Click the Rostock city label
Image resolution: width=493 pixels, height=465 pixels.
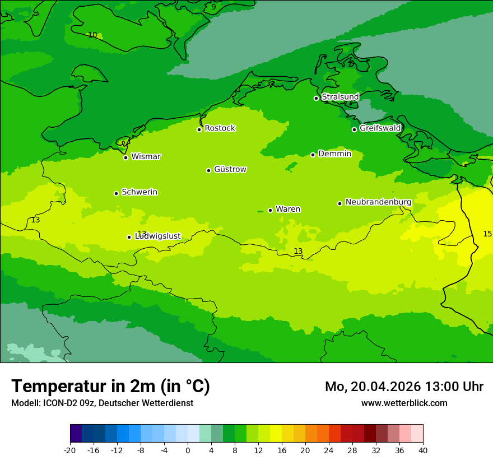point(220,128)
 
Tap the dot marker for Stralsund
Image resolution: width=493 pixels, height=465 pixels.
point(316,98)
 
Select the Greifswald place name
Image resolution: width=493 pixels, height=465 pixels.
point(380,128)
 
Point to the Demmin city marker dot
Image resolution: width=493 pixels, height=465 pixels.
point(313,155)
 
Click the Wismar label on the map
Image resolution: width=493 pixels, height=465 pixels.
point(146,156)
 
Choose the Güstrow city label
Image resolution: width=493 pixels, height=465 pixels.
point(230,169)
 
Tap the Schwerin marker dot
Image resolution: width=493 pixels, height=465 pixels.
point(116,193)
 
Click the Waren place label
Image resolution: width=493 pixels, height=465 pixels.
point(287,209)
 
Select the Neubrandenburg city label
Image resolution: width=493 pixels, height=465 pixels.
point(378,202)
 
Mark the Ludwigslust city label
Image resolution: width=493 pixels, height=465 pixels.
point(157,236)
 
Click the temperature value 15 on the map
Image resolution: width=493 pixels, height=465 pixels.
point(487,234)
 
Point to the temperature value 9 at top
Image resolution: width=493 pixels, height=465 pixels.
point(213,7)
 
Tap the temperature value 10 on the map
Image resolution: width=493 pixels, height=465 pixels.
point(92,35)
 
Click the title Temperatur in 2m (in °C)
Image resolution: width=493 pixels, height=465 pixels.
point(110,387)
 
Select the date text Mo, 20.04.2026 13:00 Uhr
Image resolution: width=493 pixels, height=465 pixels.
point(404,387)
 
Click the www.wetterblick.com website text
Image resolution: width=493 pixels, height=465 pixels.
point(404,403)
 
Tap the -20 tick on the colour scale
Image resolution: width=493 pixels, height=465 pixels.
point(70,450)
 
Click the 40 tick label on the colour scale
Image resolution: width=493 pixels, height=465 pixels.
point(423,450)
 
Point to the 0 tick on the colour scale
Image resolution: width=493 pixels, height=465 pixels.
point(188,450)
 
